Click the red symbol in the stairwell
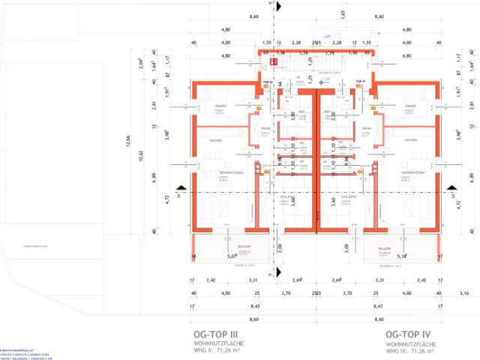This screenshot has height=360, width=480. [265, 54]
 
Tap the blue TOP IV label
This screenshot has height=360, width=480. [360, 80]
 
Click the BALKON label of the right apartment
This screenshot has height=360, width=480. [385, 248]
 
